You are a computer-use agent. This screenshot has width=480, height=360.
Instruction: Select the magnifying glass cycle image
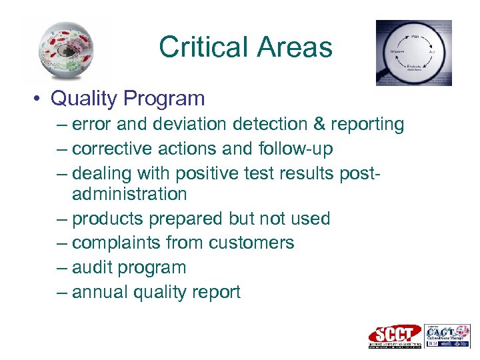pos(414,53)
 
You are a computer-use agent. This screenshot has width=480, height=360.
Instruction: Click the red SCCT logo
pos(395,335)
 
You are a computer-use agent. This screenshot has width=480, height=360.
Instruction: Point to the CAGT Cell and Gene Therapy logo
pos(447,335)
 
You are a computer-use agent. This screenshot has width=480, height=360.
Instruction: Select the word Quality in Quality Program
pos(84,99)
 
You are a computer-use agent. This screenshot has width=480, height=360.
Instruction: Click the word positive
pos(203,173)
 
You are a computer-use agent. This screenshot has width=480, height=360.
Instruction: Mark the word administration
pos(129,194)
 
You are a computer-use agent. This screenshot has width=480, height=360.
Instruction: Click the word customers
pos(251,243)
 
